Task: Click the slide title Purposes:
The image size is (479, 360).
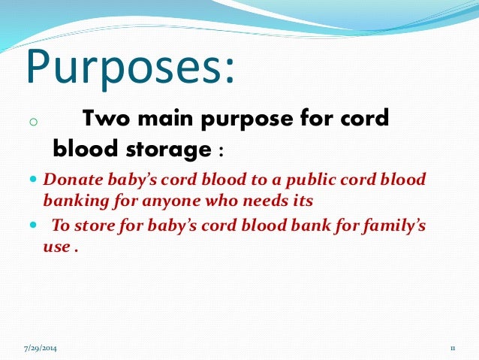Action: click(x=131, y=68)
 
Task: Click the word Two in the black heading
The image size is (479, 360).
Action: click(x=106, y=118)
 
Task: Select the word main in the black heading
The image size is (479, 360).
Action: click(x=165, y=118)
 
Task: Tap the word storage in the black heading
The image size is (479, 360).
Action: click(x=169, y=150)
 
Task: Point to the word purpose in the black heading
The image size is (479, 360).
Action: click(x=247, y=119)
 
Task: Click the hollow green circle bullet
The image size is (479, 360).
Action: click(x=34, y=122)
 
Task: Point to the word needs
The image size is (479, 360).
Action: click(x=264, y=201)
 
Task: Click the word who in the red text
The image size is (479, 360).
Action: click(x=221, y=201)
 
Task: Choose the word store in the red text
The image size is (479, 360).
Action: click(x=95, y=226)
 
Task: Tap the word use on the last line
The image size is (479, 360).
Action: click(x=57, y=247)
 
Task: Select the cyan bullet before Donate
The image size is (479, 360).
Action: click(x=33, y=179)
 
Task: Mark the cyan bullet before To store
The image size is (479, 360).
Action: click(x=33, y=225)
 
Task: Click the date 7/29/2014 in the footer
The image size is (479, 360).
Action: click(x=41, y=349)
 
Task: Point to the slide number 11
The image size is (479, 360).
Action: click(x=453, y=349)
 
